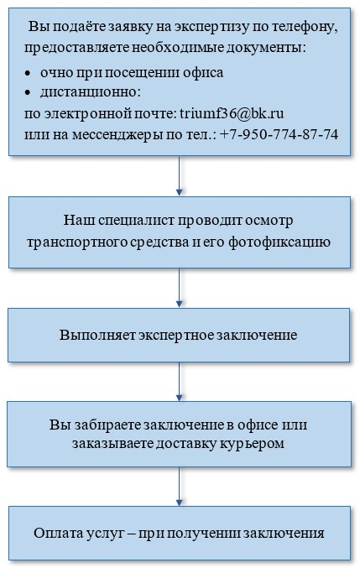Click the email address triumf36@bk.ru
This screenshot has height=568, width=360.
tap(232, 113)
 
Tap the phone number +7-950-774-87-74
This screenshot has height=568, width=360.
tap(279, 134)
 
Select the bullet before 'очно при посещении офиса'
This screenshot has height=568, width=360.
tap(28, 74)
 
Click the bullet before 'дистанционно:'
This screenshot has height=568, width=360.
tap(28, 93)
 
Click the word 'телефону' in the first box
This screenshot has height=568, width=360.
tap(305, 28)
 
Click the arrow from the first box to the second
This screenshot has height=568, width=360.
tap(179, 175)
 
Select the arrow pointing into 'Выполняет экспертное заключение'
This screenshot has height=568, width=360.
tap(179, 288)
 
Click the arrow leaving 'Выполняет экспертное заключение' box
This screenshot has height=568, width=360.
tap(179, 381)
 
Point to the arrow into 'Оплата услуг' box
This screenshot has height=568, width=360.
tap(179, 486)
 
